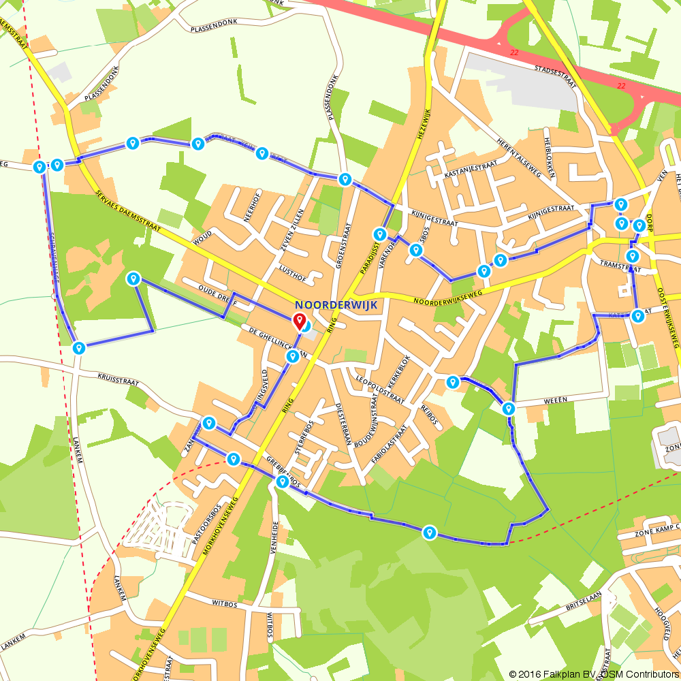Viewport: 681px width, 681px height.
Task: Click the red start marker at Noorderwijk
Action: point(299,321)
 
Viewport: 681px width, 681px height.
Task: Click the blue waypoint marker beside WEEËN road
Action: point(508,409)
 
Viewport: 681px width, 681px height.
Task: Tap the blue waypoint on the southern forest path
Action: point(429,532)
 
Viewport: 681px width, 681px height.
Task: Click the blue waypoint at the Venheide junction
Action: point(282,482)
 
